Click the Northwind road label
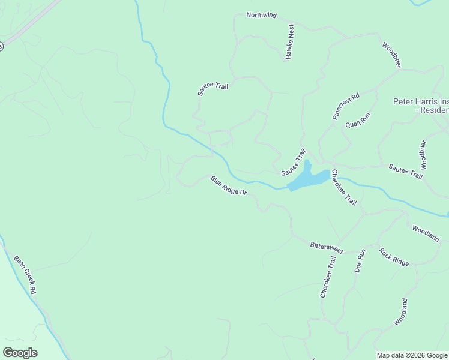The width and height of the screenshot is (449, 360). (x=261, y=16)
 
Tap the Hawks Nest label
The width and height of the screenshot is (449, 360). (x=290, y=41)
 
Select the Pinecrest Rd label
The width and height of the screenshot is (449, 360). (x=346, y=106)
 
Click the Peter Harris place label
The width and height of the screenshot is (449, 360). (x=421, y=106)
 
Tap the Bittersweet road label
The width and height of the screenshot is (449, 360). (x=327, y=248)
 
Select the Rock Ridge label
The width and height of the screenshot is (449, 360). (x=394, y=256)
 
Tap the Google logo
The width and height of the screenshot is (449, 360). (x=20, y=353)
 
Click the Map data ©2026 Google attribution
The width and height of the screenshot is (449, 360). (x=412, y=355)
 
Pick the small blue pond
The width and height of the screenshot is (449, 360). (x=308, y=176)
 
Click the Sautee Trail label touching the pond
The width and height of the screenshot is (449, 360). (x=294, y=163)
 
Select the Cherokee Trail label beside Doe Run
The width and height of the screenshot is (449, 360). (x=327, y=276)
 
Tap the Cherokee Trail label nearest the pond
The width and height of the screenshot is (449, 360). (x=344, y=187)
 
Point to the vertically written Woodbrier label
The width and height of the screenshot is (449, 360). (x=423, y=155)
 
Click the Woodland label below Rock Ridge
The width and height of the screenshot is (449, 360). (x=401, y=312)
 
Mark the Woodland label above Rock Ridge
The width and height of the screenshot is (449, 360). (x=426, y=233)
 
